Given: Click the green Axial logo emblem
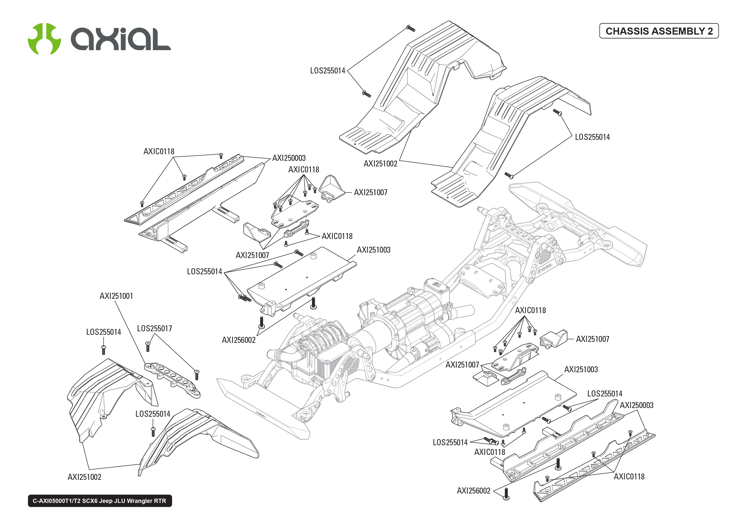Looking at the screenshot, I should click(44, 39).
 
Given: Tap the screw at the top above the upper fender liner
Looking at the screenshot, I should click(410, 28).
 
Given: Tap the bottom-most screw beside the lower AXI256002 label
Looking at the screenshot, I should click(506, 494).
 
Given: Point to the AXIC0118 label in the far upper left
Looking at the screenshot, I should click(159, 151).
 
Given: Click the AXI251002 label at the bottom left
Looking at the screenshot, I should click(84, 477).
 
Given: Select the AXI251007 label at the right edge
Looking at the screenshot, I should click(592, 339).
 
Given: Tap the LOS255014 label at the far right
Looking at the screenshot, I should click(592, 137).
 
